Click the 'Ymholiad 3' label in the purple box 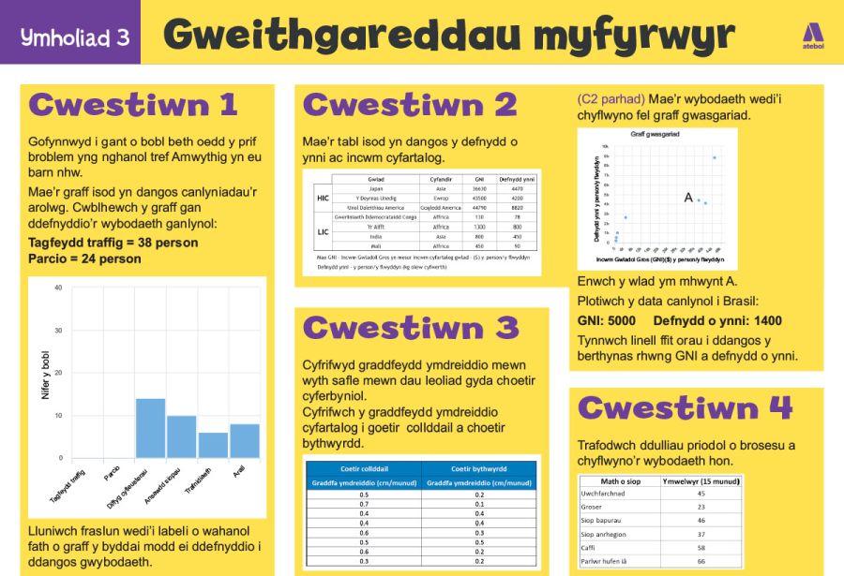coord(75,37)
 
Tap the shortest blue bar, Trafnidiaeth coord(213,445)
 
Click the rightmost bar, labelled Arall coord(245,440)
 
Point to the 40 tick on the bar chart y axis coord(58,288)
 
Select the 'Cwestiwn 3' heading coord(411,328)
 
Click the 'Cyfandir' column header coord(441,178)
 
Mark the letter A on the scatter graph coord(688,198)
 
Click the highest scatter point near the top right coord(715,157)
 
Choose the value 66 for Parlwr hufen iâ coord(701,561)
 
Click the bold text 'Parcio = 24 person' coord(85,258)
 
